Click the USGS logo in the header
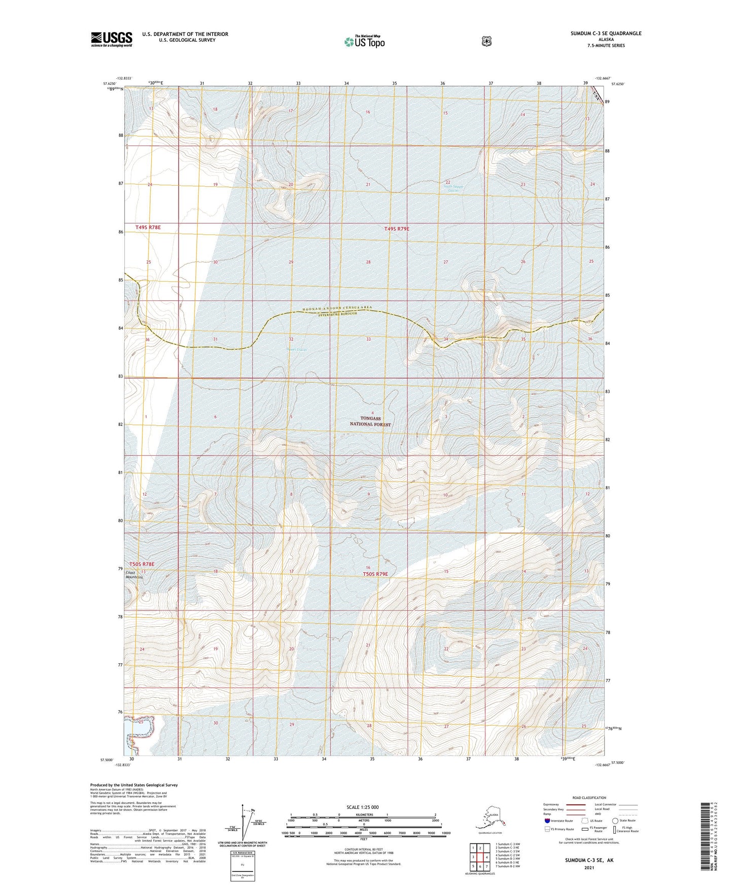112,39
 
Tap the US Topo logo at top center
364,42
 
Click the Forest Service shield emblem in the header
486,41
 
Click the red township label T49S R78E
148,227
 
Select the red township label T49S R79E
396,229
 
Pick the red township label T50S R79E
375,574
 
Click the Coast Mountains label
134,575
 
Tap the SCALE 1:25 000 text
362,807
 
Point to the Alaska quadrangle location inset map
490,817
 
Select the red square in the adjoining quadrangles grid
486,858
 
